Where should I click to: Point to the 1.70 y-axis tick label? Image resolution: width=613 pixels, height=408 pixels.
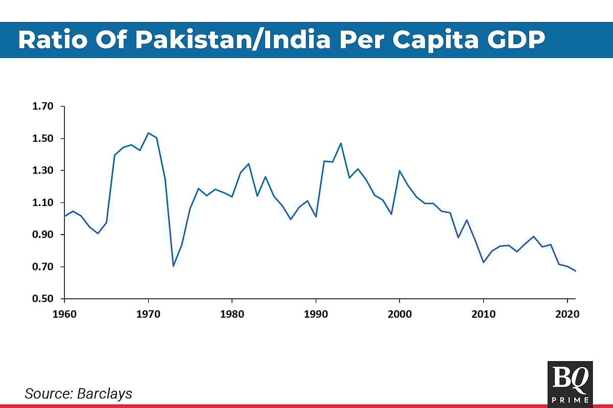click(42, 107)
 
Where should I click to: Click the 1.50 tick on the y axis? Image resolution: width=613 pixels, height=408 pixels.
click(42, 139)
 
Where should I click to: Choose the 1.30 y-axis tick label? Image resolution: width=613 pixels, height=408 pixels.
click(42, 171)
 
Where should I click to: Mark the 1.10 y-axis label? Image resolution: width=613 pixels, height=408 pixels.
click(42, 203)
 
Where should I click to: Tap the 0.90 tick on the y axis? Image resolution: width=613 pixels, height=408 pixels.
click(42, 235)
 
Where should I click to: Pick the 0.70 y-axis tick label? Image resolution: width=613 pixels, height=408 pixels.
click(42, 267)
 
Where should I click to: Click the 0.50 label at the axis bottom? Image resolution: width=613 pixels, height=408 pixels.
click(42, 299)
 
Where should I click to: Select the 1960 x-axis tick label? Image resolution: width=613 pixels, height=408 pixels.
click(64, 314)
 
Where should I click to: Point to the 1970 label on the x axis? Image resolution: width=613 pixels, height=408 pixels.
click(148, 314)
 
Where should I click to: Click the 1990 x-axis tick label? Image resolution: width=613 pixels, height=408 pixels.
click(316, 314)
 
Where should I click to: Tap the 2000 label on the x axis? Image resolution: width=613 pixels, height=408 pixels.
click(399, 314)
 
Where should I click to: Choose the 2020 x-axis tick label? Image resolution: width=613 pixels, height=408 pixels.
click(567, 314)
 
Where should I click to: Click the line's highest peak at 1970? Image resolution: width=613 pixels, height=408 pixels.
click(148, 133)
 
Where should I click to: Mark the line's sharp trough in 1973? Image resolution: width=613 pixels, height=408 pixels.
click(173, 266)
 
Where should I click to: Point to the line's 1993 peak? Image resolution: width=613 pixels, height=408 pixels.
click(341, 143)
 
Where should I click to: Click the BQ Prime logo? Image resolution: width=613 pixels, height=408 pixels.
click(570, 384)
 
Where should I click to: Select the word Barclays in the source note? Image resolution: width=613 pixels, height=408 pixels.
click(105, 394)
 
